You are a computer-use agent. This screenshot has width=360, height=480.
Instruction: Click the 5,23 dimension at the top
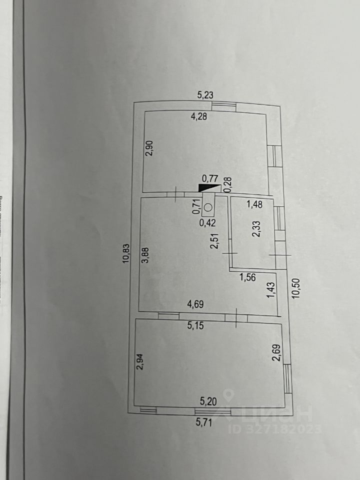(206, 94)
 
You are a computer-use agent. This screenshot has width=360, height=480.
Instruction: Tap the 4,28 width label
(199, 117)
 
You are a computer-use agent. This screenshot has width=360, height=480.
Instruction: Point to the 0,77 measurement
(210, 177)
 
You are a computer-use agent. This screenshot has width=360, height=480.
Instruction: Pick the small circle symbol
(209, 206)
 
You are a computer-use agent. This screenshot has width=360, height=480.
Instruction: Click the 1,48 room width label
(255, 203)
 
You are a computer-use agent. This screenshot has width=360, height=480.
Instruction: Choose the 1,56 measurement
(248, 277)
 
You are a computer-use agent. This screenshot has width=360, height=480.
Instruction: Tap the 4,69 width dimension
(196, 303)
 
